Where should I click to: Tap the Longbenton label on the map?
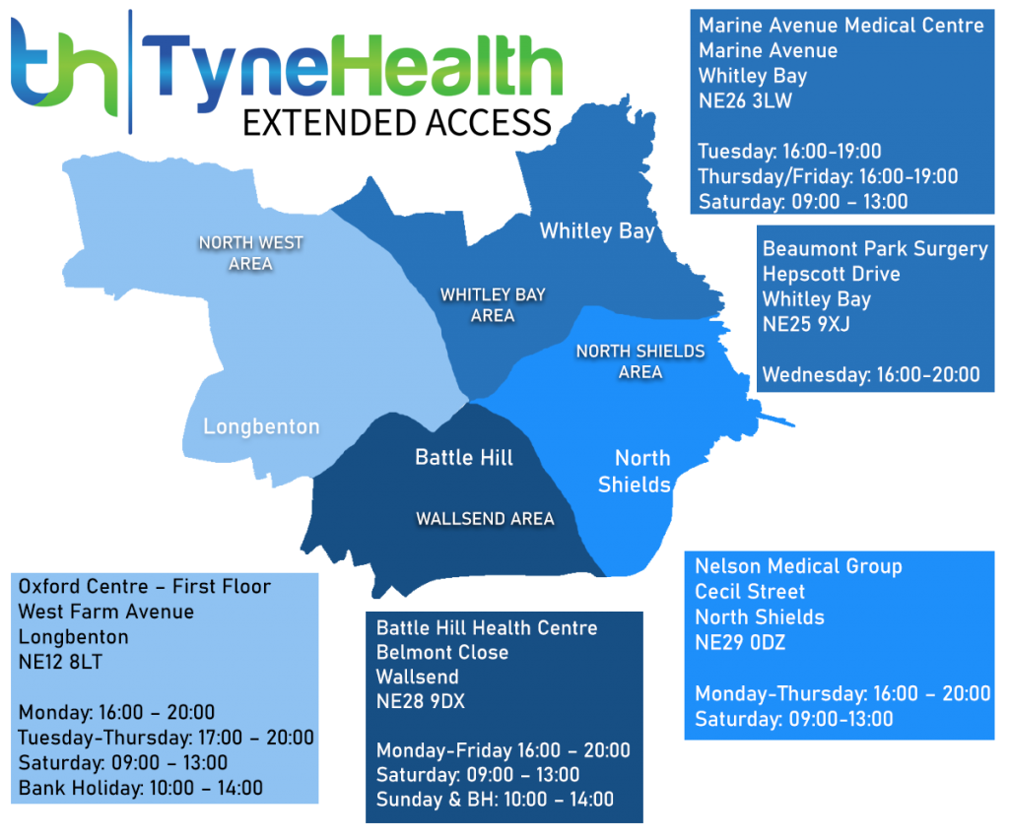click(261, 426)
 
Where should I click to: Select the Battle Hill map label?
click(464, 457)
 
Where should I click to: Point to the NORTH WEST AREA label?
click(251, 252)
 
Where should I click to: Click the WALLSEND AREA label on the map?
click(485, 519)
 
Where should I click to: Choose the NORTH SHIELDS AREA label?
click(640, 361)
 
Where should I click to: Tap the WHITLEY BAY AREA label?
click(493, 305)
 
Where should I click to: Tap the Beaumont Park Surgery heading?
click(875, 248)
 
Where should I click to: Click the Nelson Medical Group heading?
click(798, 566)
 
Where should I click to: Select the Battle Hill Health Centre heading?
click(487, 627)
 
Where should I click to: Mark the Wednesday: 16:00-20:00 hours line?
click(871, 374)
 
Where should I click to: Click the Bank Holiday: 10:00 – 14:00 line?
click(141, 788)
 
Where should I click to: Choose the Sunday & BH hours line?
click(495, 800)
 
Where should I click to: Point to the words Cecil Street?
click(750, 592)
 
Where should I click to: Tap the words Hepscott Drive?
click(831, 274)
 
